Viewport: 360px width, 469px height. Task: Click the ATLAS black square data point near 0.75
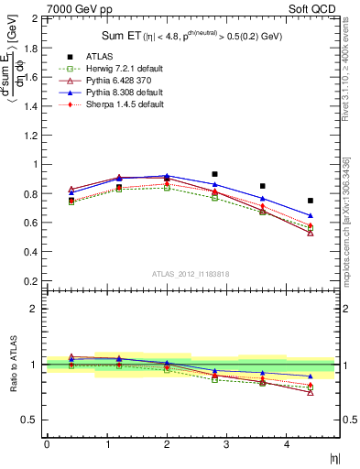click(311, 201)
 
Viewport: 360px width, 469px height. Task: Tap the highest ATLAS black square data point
click(214, 173)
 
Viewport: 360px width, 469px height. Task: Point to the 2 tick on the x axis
click(167, 443)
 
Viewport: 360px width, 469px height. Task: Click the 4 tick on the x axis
click(287, 443)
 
